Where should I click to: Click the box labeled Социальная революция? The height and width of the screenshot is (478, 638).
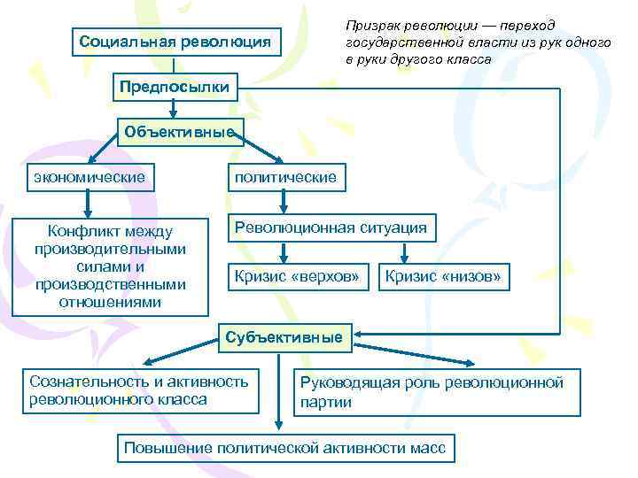(175, 41)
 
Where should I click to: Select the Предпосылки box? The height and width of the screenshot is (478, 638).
(175, 87)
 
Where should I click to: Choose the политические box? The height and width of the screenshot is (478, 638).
(284, 177)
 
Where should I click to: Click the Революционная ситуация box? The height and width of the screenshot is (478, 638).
(331, 227)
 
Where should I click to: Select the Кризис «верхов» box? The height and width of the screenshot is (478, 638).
(297, 277)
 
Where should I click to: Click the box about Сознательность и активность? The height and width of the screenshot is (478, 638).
(138, 390)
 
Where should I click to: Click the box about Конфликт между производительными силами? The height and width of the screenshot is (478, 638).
(110, 266)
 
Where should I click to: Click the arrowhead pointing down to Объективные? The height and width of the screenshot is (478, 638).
(174, 113)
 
